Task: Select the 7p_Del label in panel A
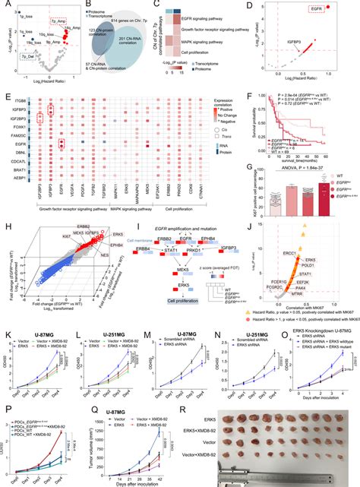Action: click(28, 56)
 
